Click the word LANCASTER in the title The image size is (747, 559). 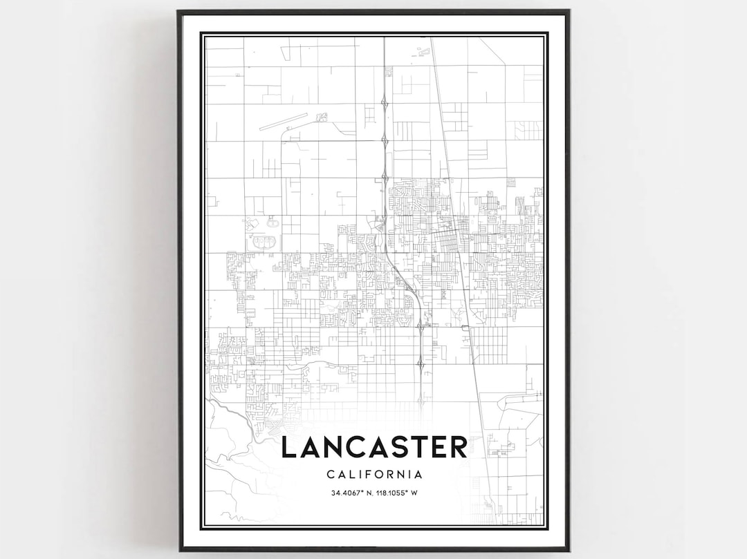tap(373, 447)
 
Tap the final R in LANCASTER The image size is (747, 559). tap(459, 447)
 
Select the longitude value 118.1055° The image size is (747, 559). tap(390, 493)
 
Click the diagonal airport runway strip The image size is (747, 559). tap(284, 122)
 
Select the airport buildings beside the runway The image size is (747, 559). tap(321, 117)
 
